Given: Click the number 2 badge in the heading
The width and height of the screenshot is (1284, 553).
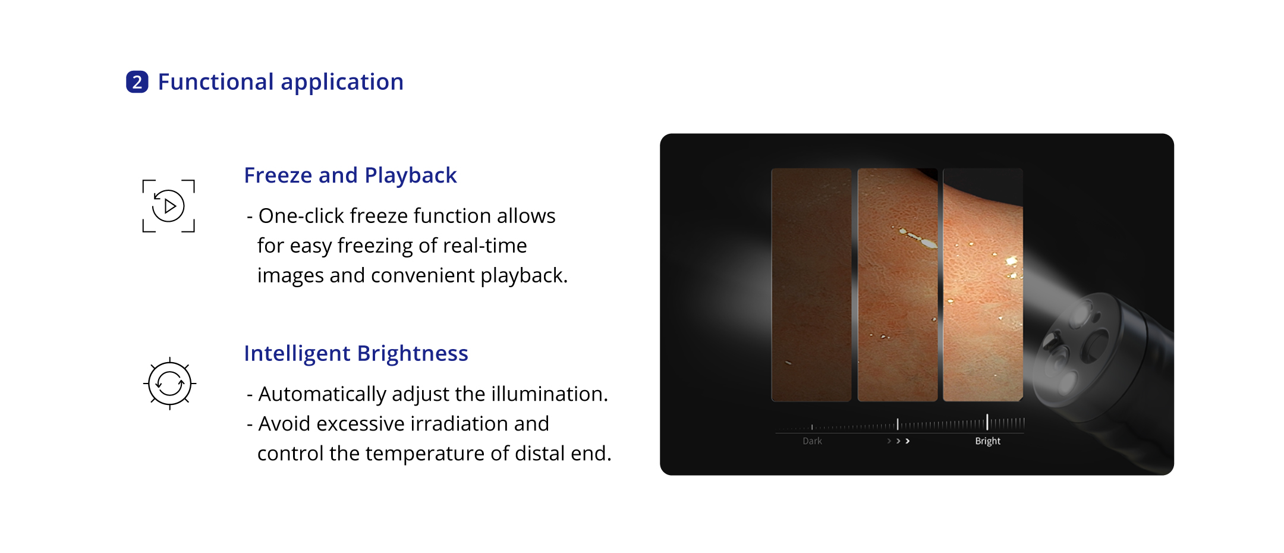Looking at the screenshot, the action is (x=137, y=82).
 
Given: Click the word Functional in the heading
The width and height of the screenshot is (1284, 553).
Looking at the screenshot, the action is (x=216, y=82).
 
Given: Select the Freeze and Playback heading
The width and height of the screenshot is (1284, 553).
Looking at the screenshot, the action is (x=350, y=175).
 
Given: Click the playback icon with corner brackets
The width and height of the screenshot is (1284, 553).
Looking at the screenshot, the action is (x=168, y=206).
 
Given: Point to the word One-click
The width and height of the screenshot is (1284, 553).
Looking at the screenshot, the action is (x=301, y=216).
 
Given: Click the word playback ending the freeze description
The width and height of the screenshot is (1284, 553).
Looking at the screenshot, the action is (x=524, y=276).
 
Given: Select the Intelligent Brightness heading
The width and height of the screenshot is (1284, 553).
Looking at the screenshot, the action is (x=356, y=353).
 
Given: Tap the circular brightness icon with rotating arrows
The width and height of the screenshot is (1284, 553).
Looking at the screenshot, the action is (x=169, y=384).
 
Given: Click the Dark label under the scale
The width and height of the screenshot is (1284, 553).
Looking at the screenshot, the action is (x=812, y=441).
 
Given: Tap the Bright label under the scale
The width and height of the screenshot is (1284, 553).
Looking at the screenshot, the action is (x=987, y=441).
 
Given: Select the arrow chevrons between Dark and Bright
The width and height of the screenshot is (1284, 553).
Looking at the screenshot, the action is (x=898, y=441).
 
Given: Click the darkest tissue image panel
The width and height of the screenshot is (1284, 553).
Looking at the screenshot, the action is (x=811, y=285).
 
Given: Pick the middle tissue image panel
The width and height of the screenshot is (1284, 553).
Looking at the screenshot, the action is (x=898, y=285).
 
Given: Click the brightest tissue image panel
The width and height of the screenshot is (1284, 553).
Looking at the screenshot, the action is (x=983, y=285).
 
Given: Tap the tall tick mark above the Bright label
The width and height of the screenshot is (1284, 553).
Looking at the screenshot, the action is (x=987, y=422).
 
